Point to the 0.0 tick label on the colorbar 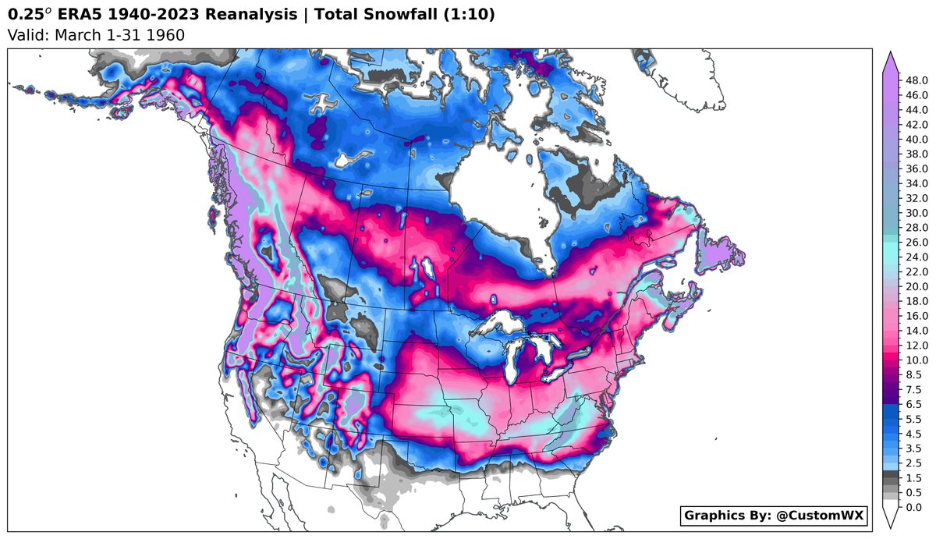pos(913,507)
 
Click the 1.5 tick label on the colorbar pos(913,477)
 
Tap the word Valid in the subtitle pos(23,34)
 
